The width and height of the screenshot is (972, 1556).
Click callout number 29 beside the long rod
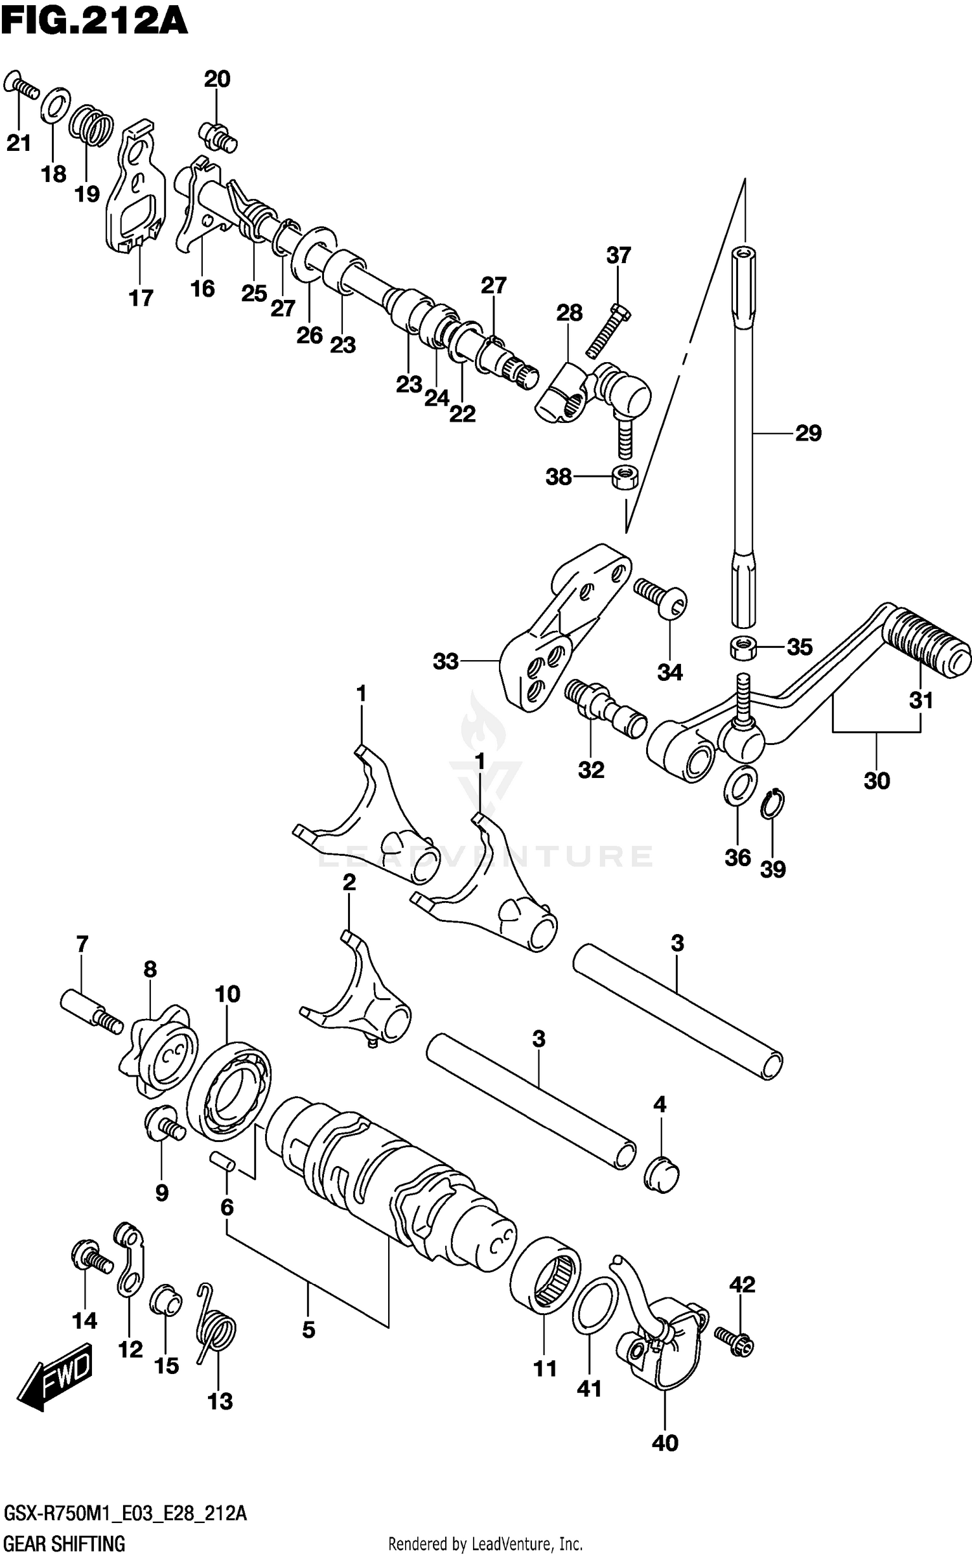click(x=807, y=433)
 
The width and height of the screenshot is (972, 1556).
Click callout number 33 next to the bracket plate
click(x=446, y=661)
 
